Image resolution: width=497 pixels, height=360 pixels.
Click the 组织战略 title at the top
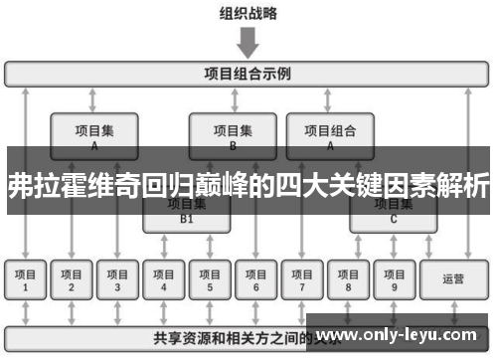[x=248, y=13]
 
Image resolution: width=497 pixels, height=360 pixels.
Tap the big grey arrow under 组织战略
[x=248, y=43]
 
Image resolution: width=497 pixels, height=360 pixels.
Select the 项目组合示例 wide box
[x=248, y=74]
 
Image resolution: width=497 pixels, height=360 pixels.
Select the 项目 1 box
[x=26, y=280]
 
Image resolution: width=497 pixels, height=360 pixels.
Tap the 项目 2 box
[x=72, y=280]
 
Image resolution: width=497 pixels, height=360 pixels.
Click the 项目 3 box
[x=117, y=280]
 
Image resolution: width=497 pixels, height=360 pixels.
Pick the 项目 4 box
[x=164, y=280]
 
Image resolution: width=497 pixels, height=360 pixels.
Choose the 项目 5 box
[x=210, y=280]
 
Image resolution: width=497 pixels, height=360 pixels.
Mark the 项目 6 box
[x=255, y=280]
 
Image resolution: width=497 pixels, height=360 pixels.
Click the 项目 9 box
[x=394, y=280]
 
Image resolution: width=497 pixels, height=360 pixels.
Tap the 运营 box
[x=453, y=280]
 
